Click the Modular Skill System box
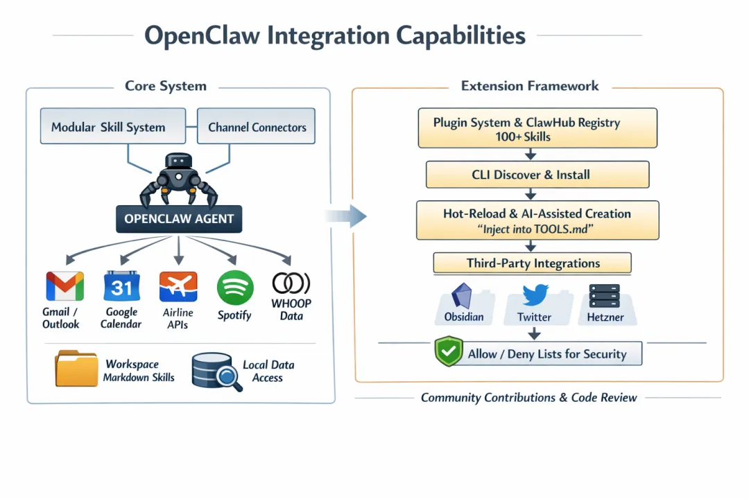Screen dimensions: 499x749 pos(113,126)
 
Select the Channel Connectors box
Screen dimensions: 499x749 pos(257,126)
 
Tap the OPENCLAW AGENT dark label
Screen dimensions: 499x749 pos(179,219)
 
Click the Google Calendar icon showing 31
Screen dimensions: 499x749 pos(121,286)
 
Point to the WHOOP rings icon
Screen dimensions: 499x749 pos(291,283)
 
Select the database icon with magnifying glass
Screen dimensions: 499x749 pos(214,370)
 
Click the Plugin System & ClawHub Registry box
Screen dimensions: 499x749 pos(537,128)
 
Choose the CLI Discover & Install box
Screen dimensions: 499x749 pos(537,175)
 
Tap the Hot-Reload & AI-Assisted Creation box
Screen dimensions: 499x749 pos(537,220)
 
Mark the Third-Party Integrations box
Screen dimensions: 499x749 pos(532,263)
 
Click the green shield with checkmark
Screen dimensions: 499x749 pos(448,352)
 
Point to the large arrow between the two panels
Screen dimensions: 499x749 pos(350,216)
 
